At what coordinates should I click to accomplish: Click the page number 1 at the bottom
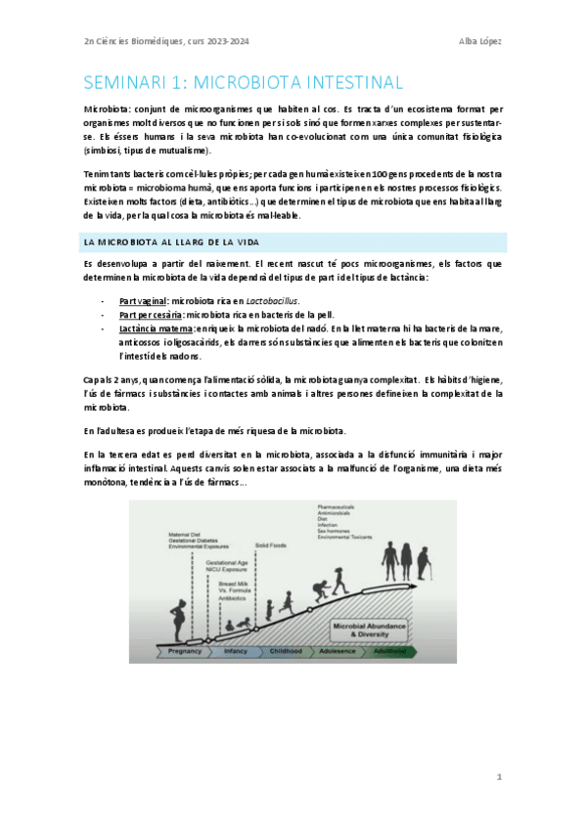[x=498, y=778]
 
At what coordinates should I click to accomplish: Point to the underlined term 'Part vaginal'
[x=143, y=301]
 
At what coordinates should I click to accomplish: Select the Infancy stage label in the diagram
[x=236, y=651]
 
